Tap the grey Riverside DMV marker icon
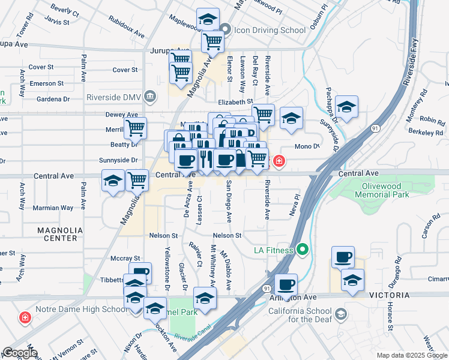coord(149,95)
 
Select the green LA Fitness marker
coord(303,249)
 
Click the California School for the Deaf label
coord(300,315)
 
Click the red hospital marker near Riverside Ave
coord(279,161)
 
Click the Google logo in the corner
coord(19,353)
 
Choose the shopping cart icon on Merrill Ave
coord(136,128)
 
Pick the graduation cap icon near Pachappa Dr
coord(346,107)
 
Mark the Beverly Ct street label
coord(65,10)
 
